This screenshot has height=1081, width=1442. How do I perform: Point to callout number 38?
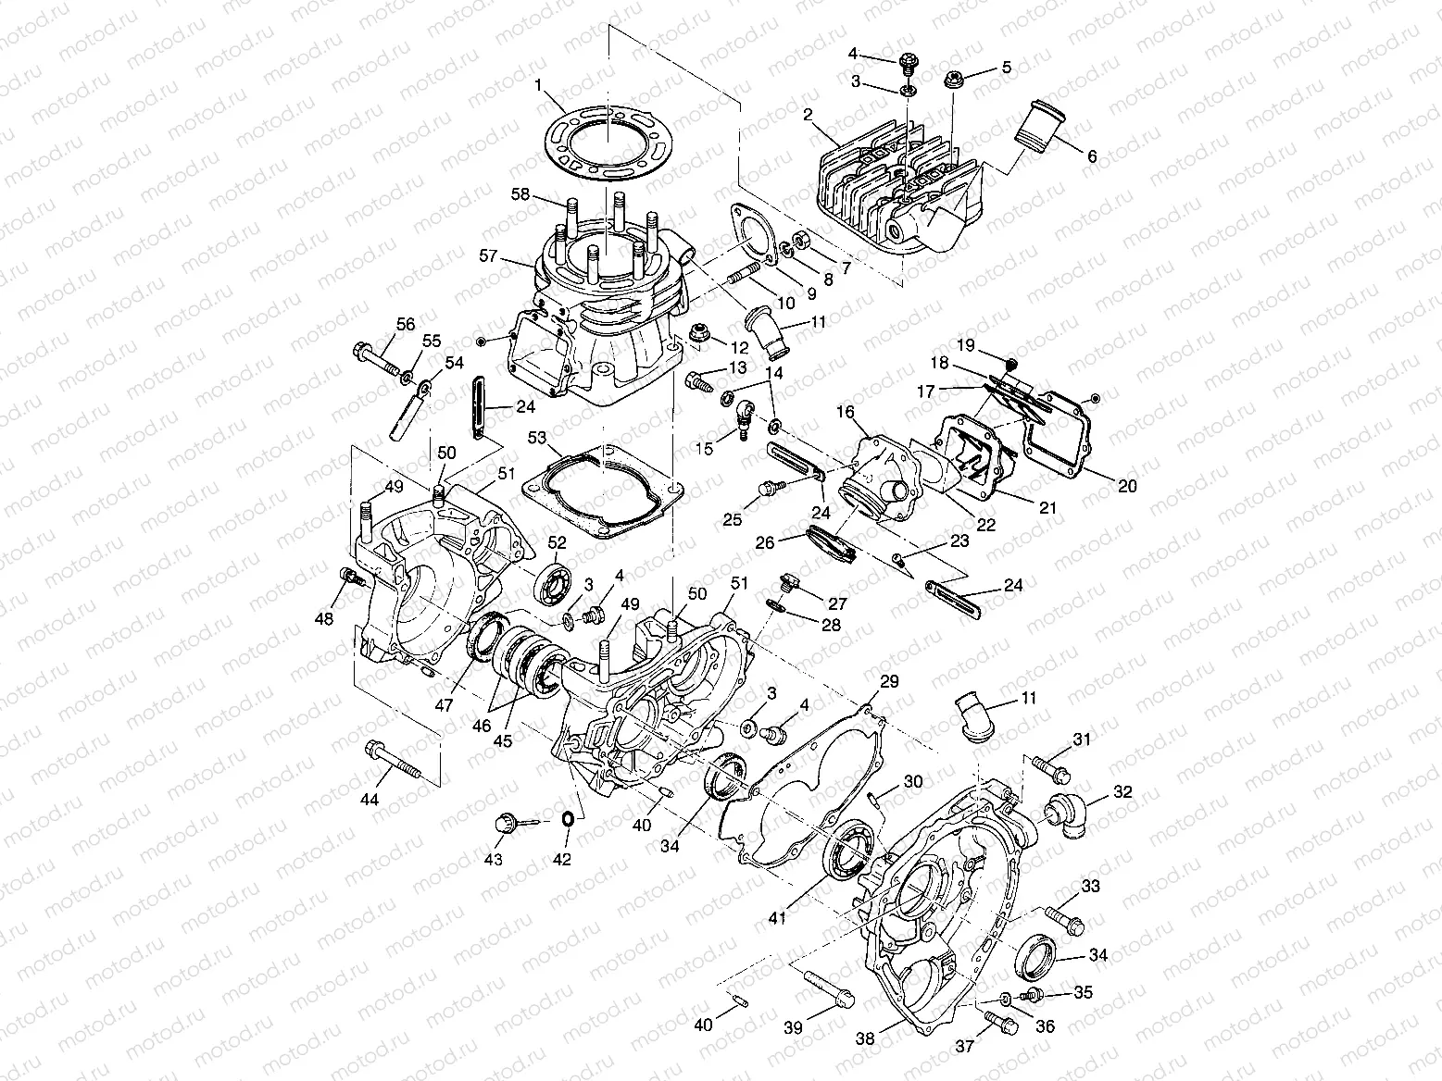[x=865, y=1039]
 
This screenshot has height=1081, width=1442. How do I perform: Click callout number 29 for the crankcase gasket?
[x=889, y=682]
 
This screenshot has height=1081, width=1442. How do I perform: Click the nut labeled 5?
[x=954, y=80]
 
